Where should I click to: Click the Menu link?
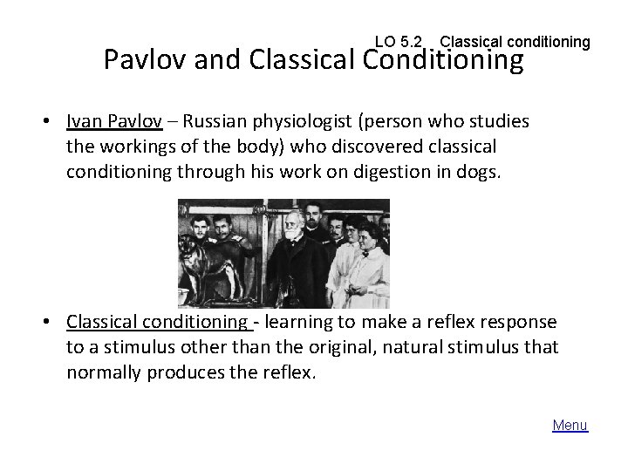570,426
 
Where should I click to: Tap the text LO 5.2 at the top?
398,41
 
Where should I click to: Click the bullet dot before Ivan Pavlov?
51,119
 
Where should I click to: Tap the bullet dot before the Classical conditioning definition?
51,322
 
